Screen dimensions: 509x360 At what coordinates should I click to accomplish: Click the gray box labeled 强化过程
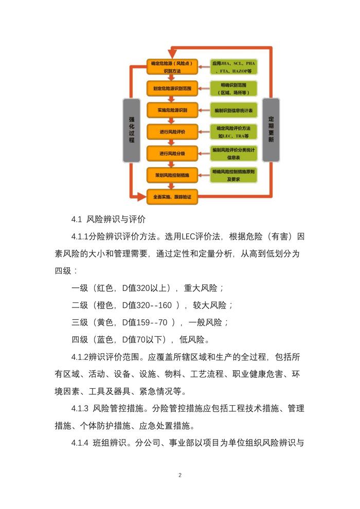132,129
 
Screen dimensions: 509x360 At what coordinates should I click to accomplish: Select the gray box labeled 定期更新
271,129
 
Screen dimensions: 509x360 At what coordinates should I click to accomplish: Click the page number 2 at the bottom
180,475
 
